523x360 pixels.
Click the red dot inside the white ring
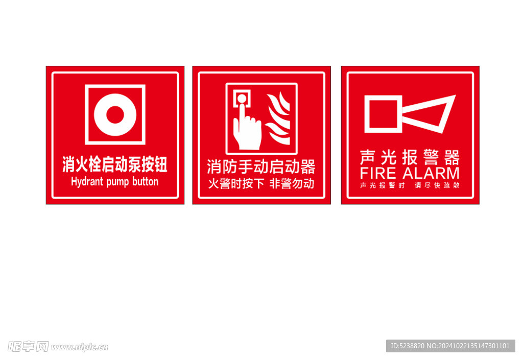(x=115, y=115)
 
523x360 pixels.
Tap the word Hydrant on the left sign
(x=87, y=182)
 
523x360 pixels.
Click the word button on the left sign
(x=145, y=181)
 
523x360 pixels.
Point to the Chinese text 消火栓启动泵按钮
(x=115, y=164)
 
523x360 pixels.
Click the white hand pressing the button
(x=247, y=128)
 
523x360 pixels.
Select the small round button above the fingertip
(x=242, y=99)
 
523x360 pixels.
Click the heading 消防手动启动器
(x=261, y=166)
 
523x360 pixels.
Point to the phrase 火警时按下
(x=236, y=184)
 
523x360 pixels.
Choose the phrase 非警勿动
(x=292, y=184)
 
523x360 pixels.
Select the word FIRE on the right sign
(x=378, y=174)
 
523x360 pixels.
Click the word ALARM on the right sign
(x=431, y=174)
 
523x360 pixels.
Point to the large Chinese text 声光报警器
(x=410, y=157)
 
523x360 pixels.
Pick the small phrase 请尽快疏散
(x=437, y=185)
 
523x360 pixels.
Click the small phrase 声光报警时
(x=383, y=185)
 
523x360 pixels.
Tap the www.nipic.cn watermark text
(x=80, y=347)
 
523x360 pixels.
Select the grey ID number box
(x=450, y=346)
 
